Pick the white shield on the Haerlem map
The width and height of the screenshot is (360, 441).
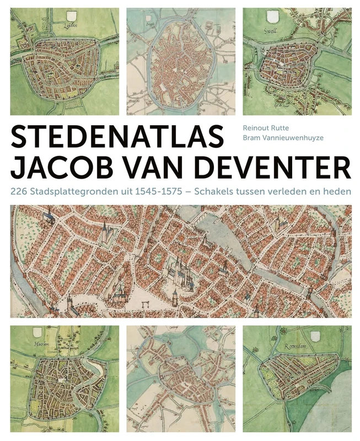39,332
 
